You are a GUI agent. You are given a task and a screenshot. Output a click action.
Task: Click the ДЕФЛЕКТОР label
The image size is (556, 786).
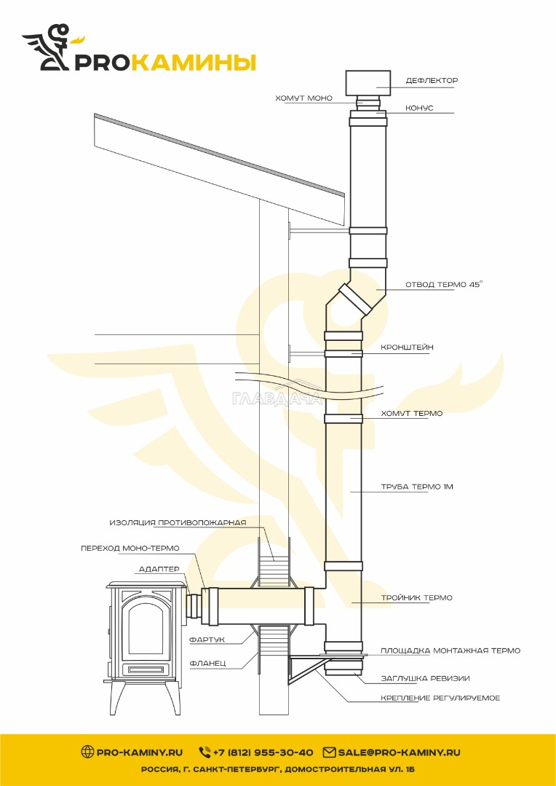point(432,80)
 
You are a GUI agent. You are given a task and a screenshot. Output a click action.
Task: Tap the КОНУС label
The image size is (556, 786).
point(419,108)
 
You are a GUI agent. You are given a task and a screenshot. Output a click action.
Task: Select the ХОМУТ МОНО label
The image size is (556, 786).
point(303,98)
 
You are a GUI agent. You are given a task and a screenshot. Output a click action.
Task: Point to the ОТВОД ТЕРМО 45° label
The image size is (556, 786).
point(444,284)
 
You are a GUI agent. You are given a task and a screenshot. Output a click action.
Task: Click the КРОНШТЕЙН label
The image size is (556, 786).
point(407,347)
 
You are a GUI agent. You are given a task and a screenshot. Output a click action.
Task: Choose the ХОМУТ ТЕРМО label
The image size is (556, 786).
point(411,414)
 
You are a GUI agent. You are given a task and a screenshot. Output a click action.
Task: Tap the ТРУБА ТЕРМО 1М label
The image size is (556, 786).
point(417,487)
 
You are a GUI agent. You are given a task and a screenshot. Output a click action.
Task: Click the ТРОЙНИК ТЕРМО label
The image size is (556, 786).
point(416,597)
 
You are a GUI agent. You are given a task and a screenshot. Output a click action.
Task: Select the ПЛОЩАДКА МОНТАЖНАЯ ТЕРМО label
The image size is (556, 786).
point(450,651)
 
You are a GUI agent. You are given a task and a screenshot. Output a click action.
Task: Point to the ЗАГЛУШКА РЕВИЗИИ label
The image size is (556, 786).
point(425,678)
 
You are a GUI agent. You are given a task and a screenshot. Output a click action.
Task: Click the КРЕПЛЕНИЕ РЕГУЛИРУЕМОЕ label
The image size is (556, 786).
point(440,698)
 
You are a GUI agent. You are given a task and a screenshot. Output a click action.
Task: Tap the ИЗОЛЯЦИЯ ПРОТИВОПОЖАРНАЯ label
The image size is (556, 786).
point(178,523)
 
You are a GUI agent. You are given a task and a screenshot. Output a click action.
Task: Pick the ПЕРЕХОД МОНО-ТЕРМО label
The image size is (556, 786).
point(130,549)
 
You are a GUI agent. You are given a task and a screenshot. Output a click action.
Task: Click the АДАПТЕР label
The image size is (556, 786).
point(159,570)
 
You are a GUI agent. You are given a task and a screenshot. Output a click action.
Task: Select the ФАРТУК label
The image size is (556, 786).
point(207,640)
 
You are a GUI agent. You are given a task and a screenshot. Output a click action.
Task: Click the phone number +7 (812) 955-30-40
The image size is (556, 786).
point(263,752)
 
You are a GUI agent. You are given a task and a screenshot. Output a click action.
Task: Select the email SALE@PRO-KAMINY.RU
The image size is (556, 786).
point(399,752)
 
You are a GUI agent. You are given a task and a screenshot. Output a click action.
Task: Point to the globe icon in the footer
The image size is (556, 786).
point(87,752)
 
